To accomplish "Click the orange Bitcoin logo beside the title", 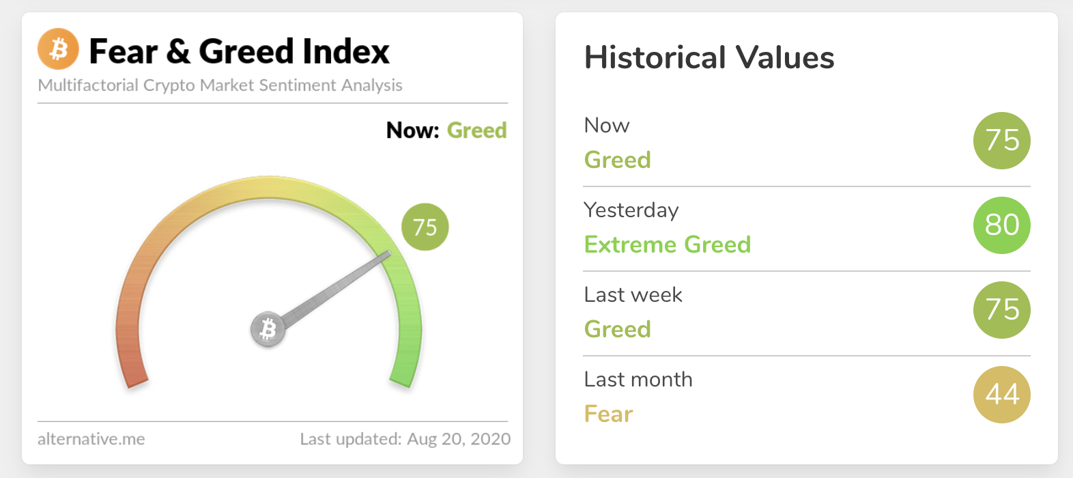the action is coord(59,49).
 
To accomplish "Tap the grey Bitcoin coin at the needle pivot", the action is coord(268,329).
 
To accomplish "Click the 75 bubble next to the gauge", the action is coord(425,227).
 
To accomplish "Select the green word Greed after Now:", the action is coord(476,130).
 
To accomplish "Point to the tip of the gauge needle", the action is coord(390,253).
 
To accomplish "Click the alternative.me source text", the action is coord(91,438).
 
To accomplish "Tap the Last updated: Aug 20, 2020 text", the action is coord(405,439).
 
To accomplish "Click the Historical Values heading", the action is coord(709,57).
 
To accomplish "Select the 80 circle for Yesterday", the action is coord(1001,225).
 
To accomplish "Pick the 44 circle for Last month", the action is coord(1001,395).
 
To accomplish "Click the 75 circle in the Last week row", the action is coord(1001,310).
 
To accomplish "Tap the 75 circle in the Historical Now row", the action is coord(1001,141).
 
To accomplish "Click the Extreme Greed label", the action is coord(668,244).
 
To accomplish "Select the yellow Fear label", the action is coord(608,414).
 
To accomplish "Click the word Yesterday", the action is coord(631,210).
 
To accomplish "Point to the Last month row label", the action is coord(638,379).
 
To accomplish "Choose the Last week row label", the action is coord(633,294).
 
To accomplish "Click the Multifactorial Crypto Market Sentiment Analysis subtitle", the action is coord(220,85).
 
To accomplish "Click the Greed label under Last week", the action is coord(618,329).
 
